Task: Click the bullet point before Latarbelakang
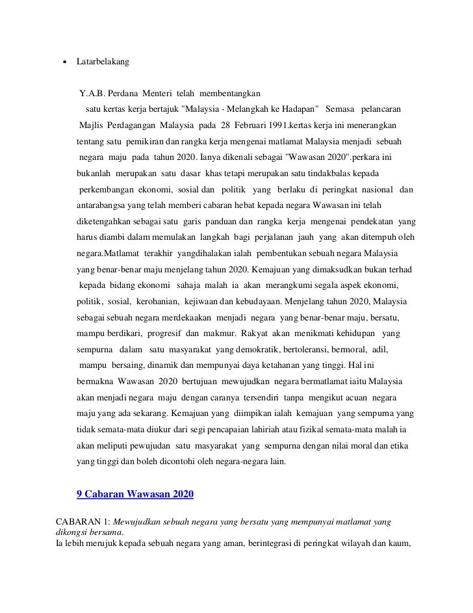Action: [x=64, y=63]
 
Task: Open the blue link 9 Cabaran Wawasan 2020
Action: [x=135, y=494]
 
